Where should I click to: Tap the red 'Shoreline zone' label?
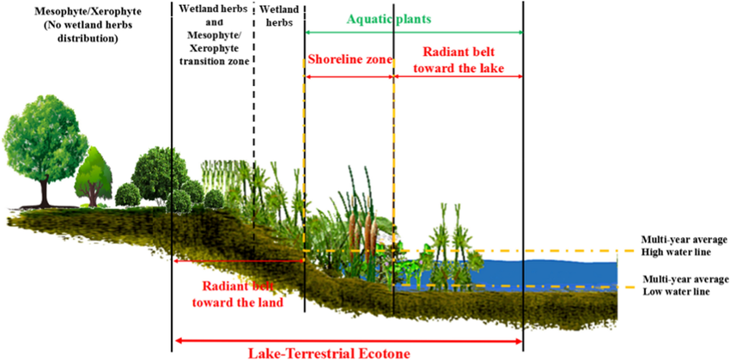(x=349, y=60)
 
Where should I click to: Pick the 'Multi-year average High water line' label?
(x=684, y=246)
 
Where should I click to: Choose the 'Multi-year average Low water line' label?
(x=684, y=285)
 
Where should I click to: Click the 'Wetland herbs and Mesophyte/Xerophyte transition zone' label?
(x=213, y=36)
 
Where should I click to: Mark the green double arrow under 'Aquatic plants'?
(x=414, y=33)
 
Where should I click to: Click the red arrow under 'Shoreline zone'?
(x=349, y=76)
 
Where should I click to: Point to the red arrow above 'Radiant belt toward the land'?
(x=239, y=261)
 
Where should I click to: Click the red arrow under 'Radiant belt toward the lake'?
(x=459, y=76)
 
